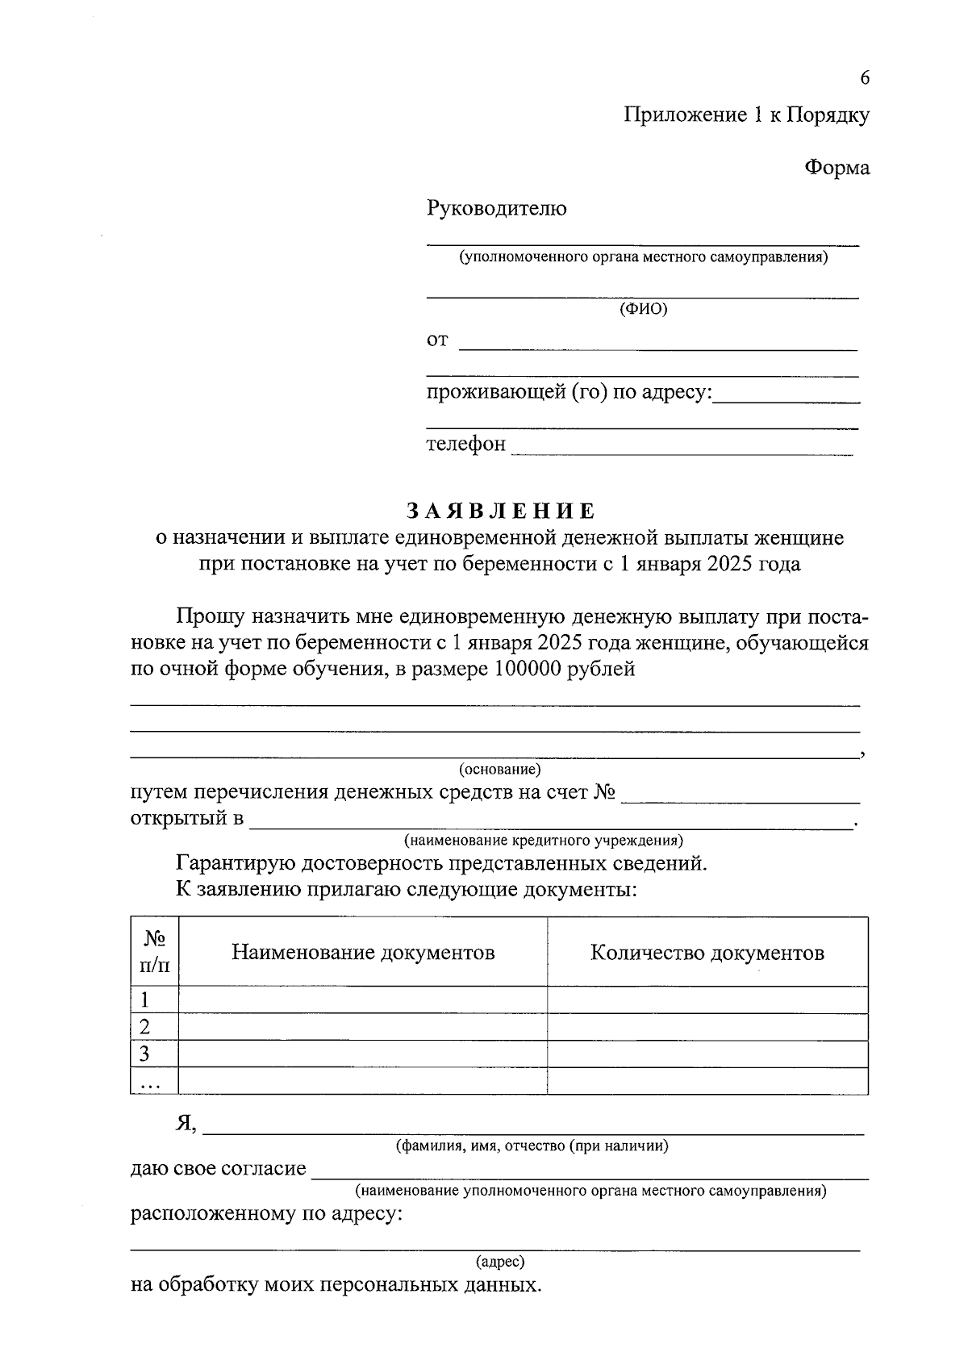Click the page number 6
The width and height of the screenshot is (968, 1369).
pyautogui.click(x=865, y=78)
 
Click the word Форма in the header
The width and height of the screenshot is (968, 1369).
pyautogui.click(x=837, y=168)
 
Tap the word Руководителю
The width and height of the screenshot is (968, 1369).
pyautogui.click(x=496, y=209)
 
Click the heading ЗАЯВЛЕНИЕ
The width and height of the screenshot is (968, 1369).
pyautogui.click(x=500, y=511)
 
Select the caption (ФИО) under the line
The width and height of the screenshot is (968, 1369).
pyautogui.click(x=643, y=309)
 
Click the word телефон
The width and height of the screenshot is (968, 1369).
pyautogui.click(x=465, y=444)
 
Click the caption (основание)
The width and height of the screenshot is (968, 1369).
pyautogui.click(x=499, y=770)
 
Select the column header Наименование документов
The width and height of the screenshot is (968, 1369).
pyautogui.click(x=363, y=953)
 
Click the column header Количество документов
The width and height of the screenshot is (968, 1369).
pyautogui.click(x=707, y=953)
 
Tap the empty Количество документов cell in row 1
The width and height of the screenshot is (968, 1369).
pyautogui.click(x=707, y=1000)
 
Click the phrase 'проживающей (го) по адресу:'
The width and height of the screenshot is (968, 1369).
pyautogui.click(x=569, y=393)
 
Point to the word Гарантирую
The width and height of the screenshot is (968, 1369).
pyautogui.click(x=236, y=864)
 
